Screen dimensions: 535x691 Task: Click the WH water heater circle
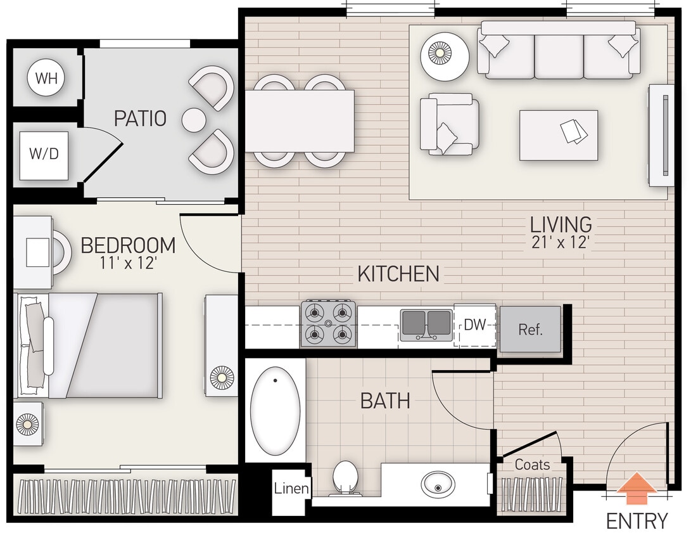point(46,79)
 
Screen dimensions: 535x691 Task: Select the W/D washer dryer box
point(44,155)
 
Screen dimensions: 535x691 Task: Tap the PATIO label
point(140,119)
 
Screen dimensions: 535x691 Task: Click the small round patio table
point(194,120)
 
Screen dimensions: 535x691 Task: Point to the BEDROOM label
point(128,245)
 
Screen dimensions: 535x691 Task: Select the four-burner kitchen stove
point(329,324)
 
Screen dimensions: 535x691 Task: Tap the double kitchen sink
point(426,325)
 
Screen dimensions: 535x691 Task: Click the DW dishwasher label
point(475,325)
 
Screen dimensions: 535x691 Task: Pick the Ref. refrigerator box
point(530,330)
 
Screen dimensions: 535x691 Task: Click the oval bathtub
point(275,409)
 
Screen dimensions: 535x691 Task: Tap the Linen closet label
point(291,489)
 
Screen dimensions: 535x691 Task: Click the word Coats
point(532,465)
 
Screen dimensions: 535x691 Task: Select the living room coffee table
point(559,135)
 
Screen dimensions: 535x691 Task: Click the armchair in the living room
point(450,124)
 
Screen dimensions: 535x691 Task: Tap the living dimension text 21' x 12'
point(561,242)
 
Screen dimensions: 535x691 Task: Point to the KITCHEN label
point(398,274)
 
